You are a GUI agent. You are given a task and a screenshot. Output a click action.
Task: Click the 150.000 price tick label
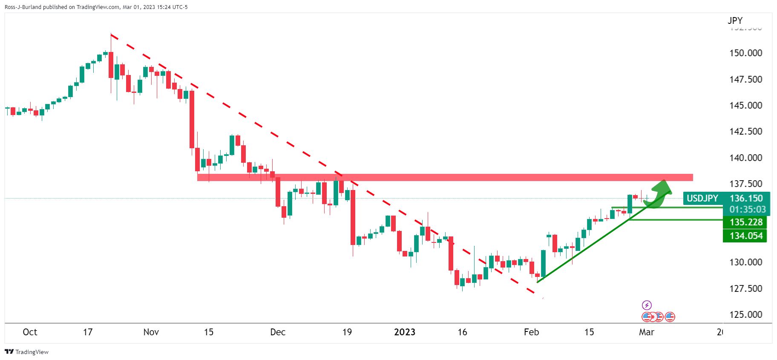[745, 53]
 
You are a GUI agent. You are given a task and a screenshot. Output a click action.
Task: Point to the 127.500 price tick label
[745, 288]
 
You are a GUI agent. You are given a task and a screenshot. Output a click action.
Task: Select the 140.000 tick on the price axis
[745, 158]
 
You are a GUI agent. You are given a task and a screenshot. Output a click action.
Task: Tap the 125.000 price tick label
[745, 315]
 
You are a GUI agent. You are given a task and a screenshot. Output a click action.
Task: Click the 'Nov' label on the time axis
[151, 332]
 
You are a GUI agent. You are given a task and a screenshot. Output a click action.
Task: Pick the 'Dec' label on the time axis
[278, 332]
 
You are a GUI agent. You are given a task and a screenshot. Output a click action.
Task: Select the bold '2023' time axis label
[404, 332]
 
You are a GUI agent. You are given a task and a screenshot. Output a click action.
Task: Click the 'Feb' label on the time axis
[531, 332]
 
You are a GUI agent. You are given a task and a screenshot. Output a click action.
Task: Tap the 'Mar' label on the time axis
[646, 332]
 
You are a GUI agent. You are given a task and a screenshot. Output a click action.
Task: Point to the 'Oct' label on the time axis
[30, 332]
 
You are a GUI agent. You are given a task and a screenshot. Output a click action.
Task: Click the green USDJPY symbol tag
[702, 199]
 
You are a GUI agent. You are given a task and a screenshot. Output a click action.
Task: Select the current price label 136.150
[746, 199]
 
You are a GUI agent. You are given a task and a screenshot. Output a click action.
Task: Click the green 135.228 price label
[746, 222]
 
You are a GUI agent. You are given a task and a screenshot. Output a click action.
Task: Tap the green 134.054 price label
[746, 236]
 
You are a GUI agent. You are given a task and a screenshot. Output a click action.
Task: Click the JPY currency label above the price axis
[735, 20]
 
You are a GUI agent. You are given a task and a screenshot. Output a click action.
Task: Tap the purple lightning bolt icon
[647, 305]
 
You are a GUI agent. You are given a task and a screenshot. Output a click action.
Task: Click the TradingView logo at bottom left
[26, 352]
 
